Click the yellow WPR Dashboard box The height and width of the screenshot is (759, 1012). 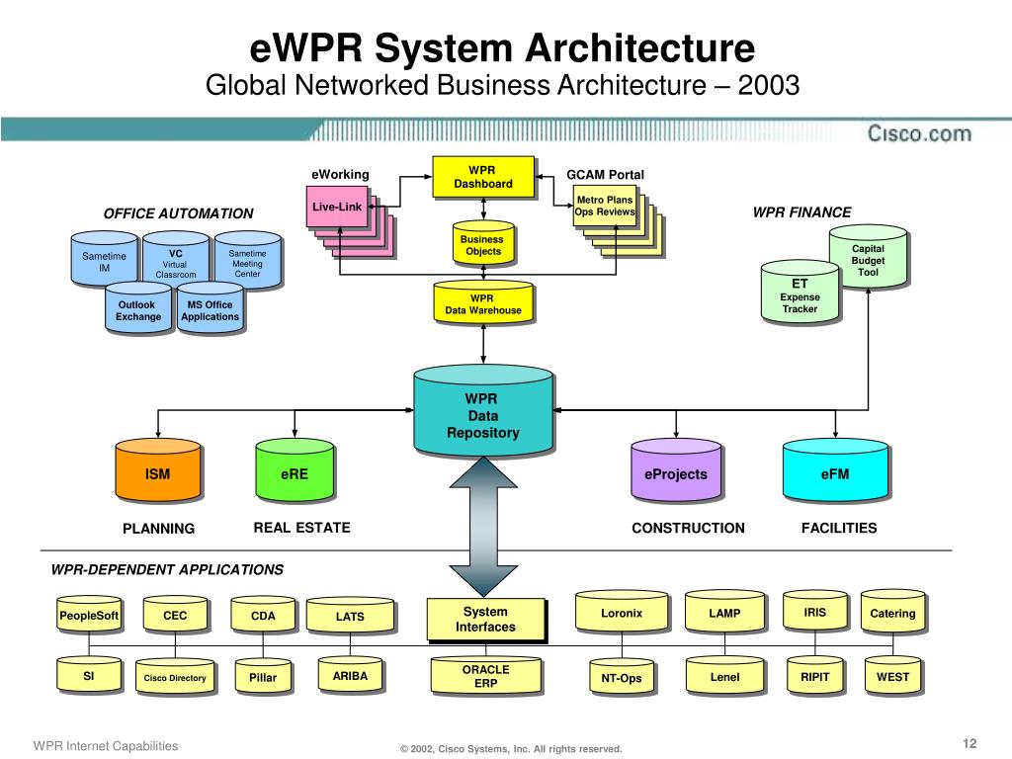483,178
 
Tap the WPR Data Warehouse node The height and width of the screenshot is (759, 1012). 482,304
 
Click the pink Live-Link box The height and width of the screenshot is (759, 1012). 337,208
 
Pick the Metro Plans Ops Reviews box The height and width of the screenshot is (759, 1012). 604,207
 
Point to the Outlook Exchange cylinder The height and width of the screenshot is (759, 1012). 138,311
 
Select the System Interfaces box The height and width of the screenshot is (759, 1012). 485,620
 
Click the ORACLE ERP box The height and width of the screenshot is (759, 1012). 486,676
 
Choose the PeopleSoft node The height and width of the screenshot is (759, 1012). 88,616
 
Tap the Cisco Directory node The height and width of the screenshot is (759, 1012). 175,678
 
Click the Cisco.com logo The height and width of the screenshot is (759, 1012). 919,133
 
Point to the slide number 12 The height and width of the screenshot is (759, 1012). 969,744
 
